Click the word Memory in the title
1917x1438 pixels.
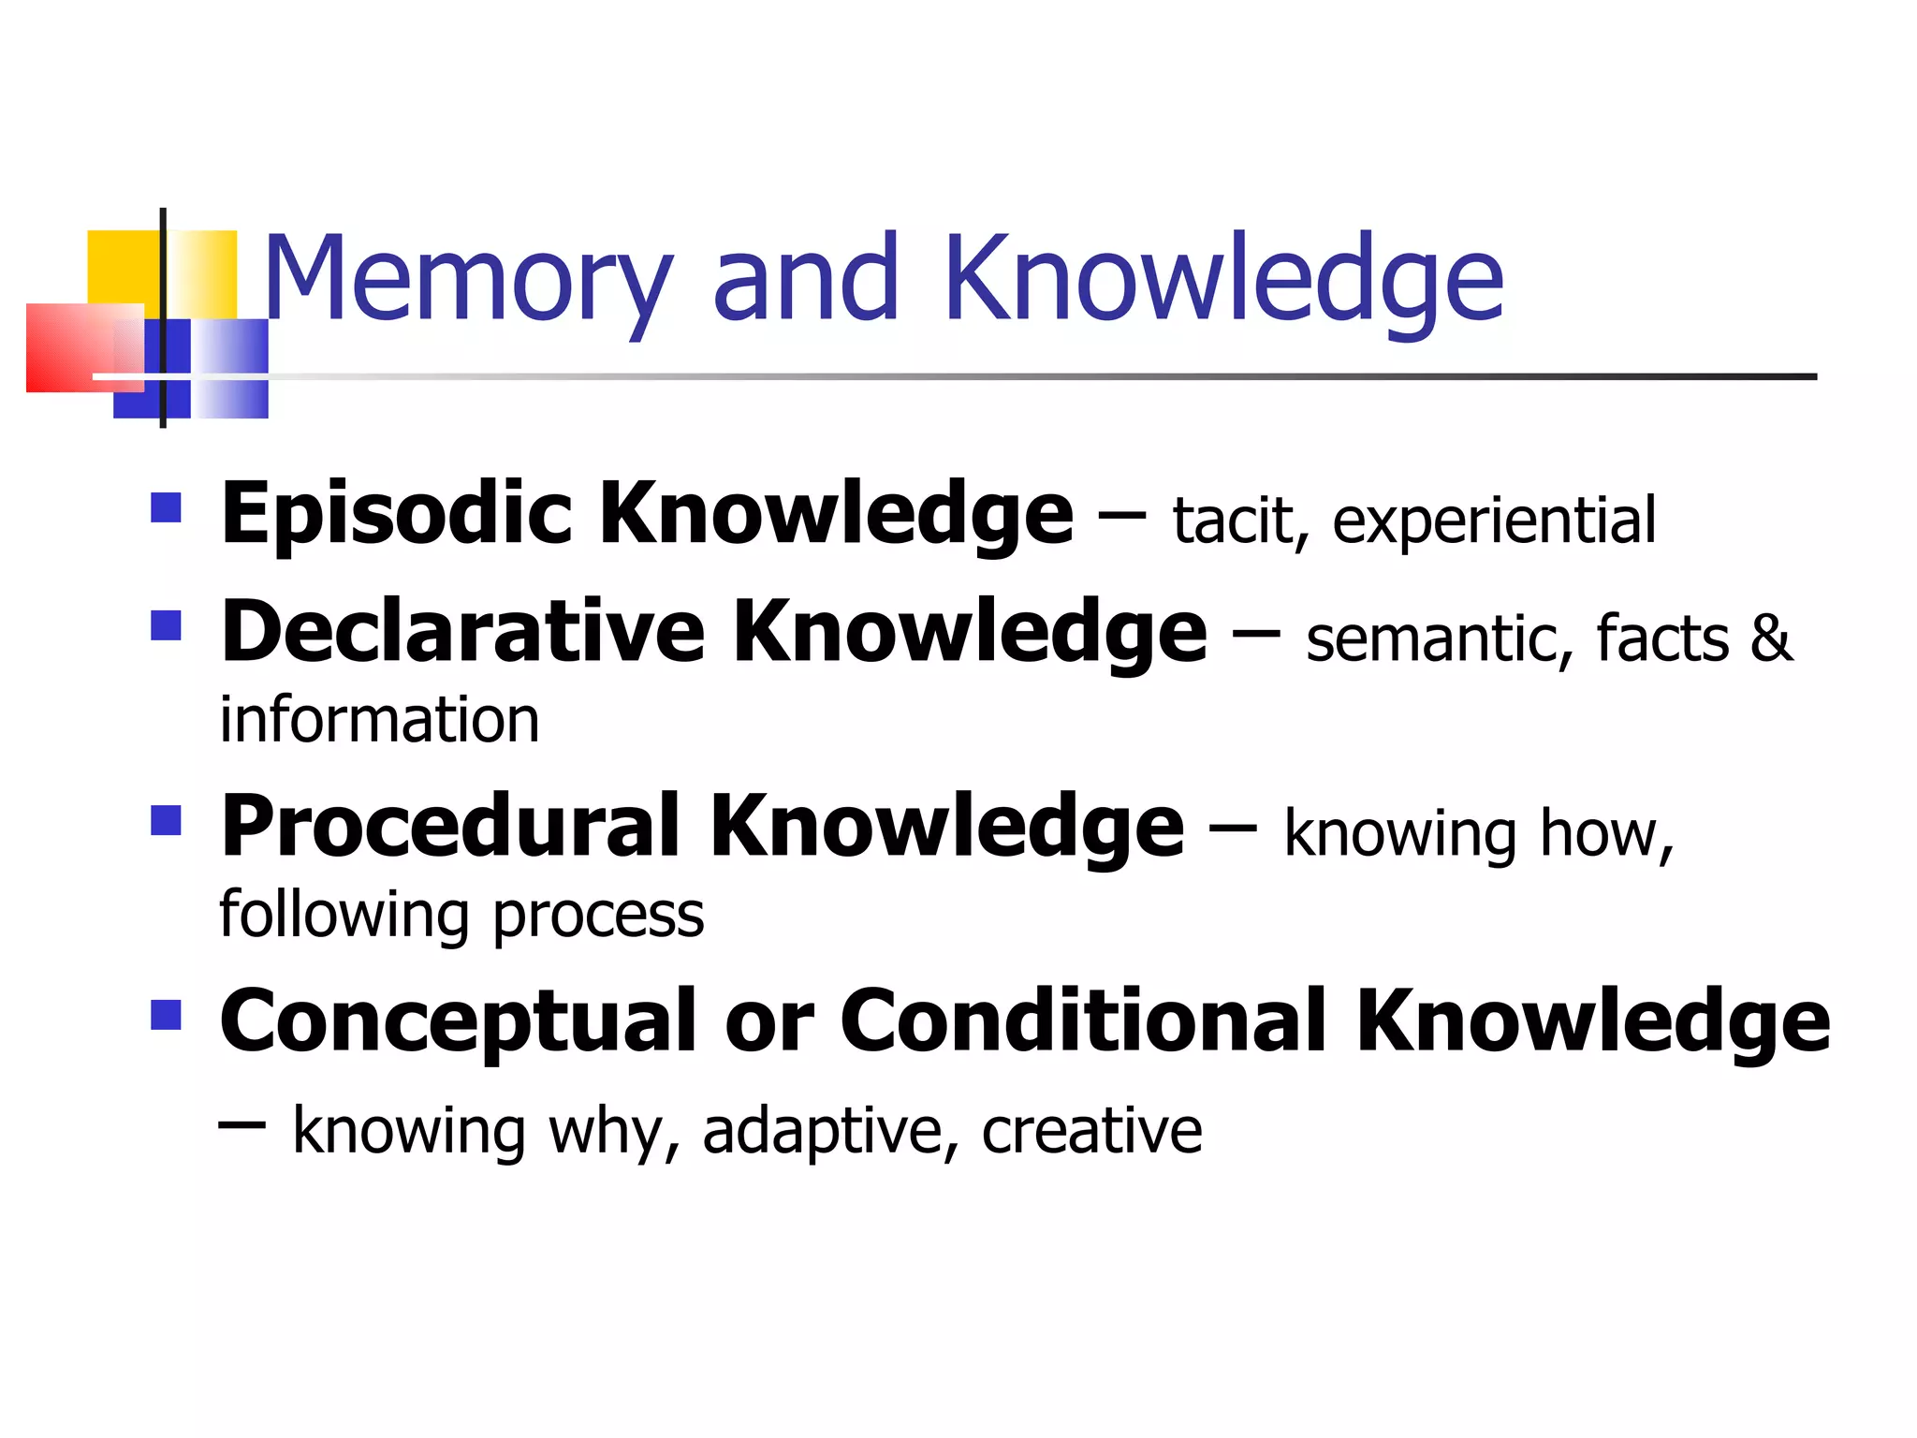468,279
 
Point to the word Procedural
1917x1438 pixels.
450,827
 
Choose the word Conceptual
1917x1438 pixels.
459,1022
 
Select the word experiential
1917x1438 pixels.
1494,522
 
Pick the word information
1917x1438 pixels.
380,720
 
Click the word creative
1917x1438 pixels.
1091,1131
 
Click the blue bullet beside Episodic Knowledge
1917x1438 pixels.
166,508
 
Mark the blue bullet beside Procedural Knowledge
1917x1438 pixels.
166,820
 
